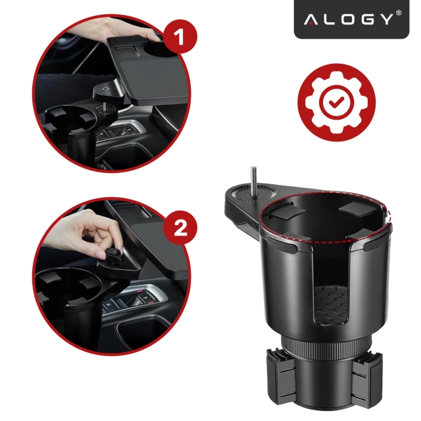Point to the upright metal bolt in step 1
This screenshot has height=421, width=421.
tap(104, 106)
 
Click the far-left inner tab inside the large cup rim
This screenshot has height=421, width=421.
tap(280, 212)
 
